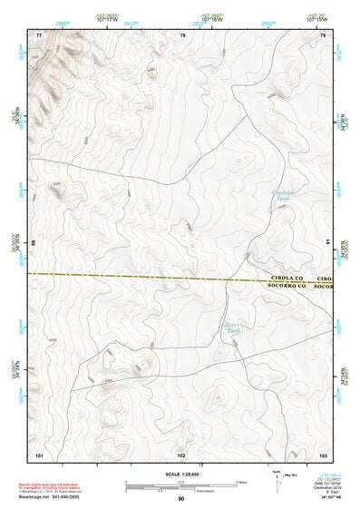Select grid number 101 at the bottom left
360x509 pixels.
[39, 453]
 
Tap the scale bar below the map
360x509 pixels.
[180, 483]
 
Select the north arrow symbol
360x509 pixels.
[277, 478]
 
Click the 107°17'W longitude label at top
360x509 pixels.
[106, 21]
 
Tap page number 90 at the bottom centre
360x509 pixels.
[181, 499]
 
